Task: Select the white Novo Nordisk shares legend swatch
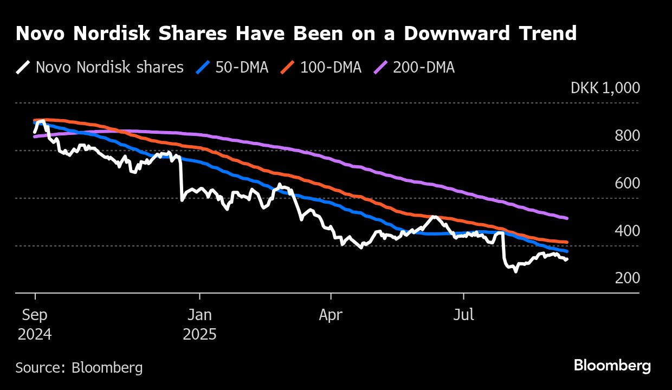(x=23, y=68)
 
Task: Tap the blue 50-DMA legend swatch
(x=203, y=68)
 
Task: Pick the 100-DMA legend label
(x=330, y=68)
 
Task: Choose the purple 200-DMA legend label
(x=424, y=68)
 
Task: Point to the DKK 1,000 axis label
(x=605, y=88)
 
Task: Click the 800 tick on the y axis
(x=627, y=135)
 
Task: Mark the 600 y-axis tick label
(x=627, y=183)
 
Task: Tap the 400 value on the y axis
(x=627, y=231)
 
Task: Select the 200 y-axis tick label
(x=627, y=278)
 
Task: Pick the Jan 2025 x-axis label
(x=199, y=324)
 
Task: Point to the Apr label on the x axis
(x=330, y=315)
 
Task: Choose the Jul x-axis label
(x=463, y=315)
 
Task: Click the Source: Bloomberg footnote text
(x=79, y=368)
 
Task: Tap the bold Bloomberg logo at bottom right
(x=612, y=366)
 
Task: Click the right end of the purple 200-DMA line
(x=567, y=218)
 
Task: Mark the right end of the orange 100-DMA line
(x=567, y=242)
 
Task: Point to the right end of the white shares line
(x=567, y=260)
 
